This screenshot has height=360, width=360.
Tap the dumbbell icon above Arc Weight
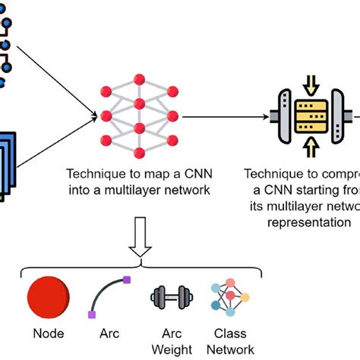tap(169, 297)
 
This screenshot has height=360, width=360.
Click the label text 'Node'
tap(49, 333)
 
